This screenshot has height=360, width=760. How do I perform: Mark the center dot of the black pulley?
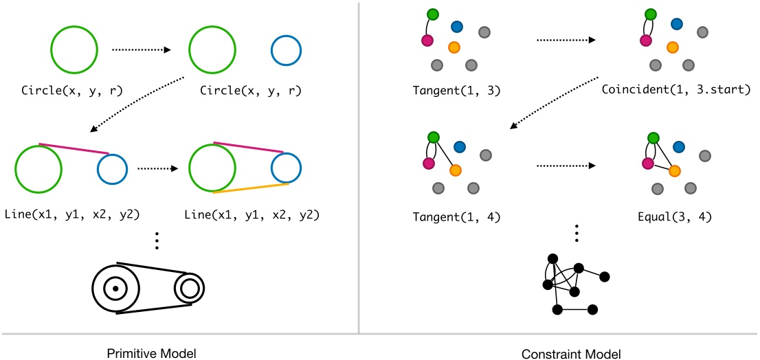coord(115,289)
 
